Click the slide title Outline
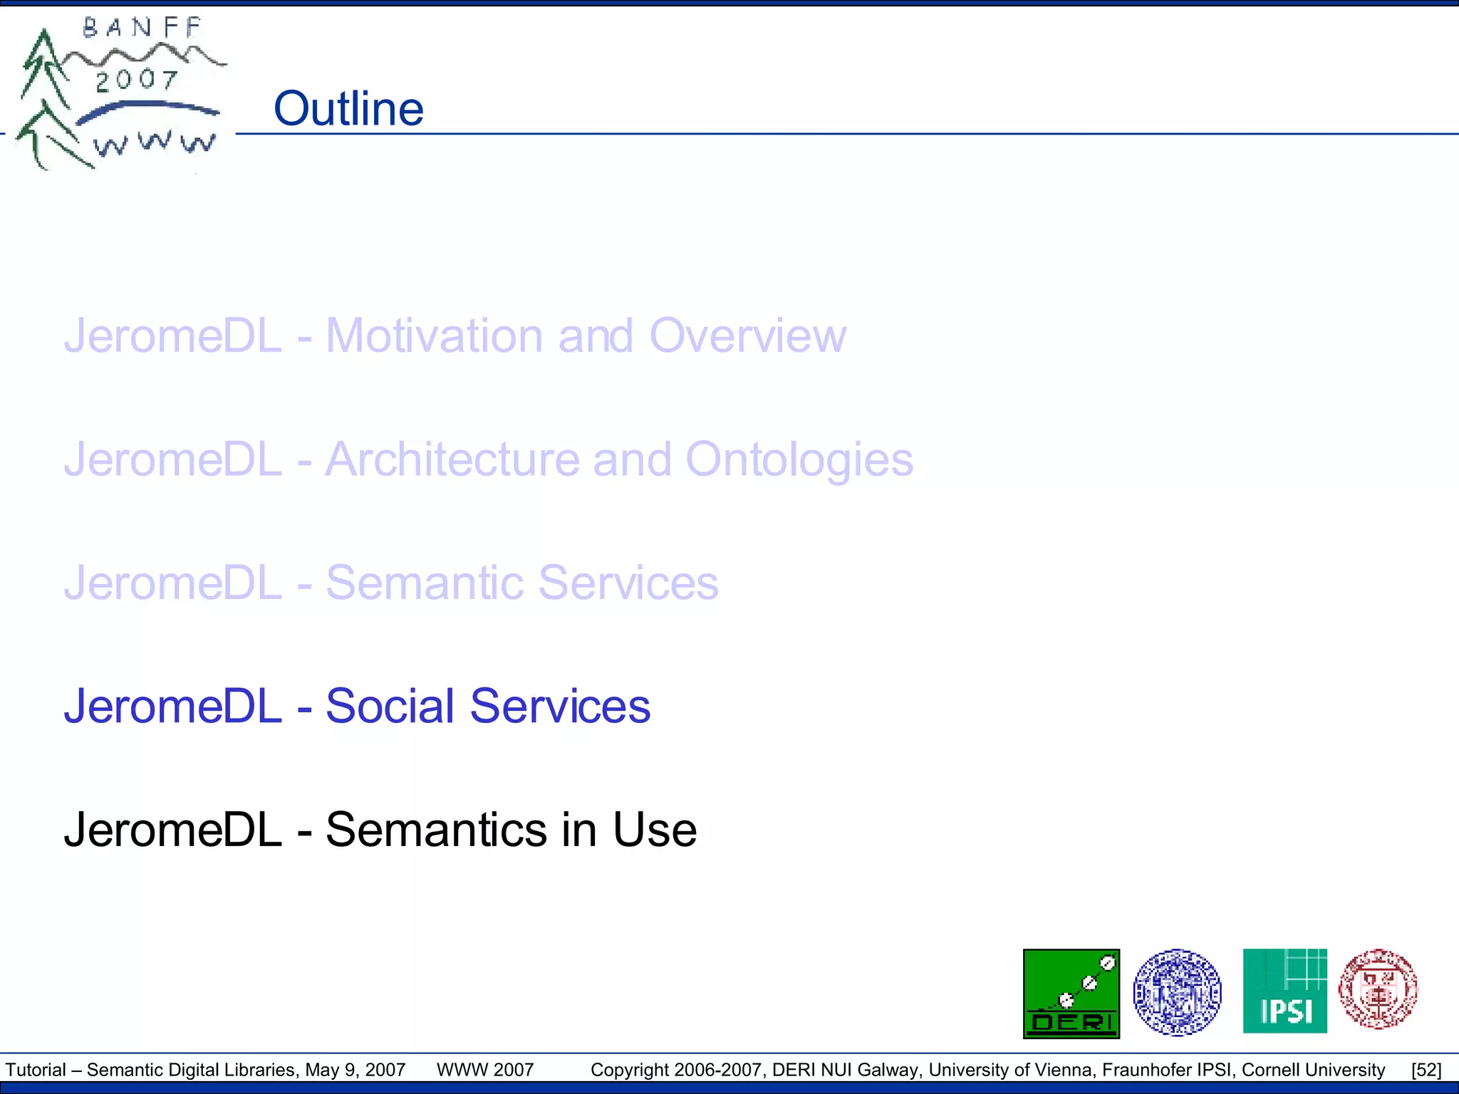348,109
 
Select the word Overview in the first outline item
747,335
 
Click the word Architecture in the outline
452,459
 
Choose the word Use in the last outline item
655,830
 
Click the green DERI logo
1071,994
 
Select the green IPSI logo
1284,991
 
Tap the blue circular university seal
1177,992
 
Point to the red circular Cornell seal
1378,989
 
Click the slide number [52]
1426,1070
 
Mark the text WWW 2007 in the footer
485,1070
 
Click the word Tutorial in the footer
36,1070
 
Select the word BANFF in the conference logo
142,28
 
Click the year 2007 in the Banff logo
136,80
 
